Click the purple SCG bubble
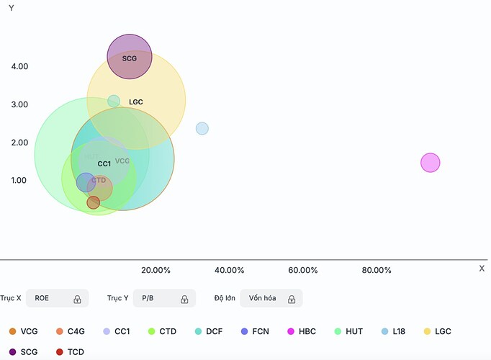tap(130, 56)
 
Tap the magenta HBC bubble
tap(430, 163)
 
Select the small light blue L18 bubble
tap(202, 129)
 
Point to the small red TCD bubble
tap(94, 203)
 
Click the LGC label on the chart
tap(136, 102)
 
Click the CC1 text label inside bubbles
tap(104, 164)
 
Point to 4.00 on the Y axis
tap(19, 66)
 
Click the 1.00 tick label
tap(19, 181)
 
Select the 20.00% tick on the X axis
tap(156, 271)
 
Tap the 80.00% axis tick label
tap(377, 271)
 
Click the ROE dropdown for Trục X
tap(58, 298)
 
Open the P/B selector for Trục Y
tap(165, 298)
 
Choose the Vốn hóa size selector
tap(271, 298)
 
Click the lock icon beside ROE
tap(77, 299)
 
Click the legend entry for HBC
tap(301, 331)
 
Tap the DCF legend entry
tap(209, 331)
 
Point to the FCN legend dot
tap(245, 331)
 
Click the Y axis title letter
tap(12, 8)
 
